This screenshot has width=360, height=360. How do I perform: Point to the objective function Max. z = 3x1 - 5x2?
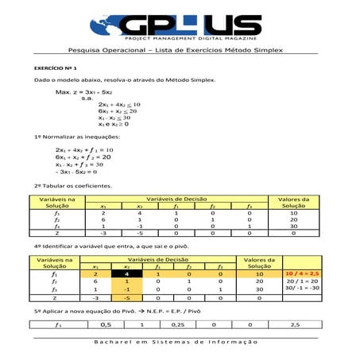[87, 92]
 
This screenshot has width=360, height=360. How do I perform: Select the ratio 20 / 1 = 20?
[303, 282]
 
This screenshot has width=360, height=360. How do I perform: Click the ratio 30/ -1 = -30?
[303, 289]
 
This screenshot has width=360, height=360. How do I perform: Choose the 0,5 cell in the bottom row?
[106, 324]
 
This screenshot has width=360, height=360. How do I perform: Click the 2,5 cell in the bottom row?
[296, 324]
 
